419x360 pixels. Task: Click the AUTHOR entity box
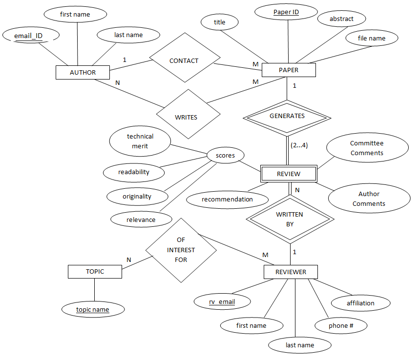tap(83, 73)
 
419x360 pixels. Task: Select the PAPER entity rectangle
tap(289, 70)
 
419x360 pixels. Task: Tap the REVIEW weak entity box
tap(289, 174)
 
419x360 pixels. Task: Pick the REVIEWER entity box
tap(291, 272)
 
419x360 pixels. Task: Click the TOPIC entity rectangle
tap(95, 272)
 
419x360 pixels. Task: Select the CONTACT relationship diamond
tap(184, 61)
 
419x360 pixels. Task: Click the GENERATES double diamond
tap(287, 116)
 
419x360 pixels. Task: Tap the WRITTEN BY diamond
tap(290, 219)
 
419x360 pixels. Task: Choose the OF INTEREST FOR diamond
tap(181, 250)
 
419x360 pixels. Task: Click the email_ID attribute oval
tap(30, 35)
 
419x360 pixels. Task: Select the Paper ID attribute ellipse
tap(286, 12)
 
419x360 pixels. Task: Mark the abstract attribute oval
tap(341, 19)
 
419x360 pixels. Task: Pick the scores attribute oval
tap(225, 156)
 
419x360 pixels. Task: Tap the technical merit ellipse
tap(140, 141)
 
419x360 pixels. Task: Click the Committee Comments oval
tap(367, 148)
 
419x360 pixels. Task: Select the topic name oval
tap(93, 309)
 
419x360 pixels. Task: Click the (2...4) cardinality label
tap(299, 145)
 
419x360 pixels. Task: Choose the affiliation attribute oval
tap(360, 303)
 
